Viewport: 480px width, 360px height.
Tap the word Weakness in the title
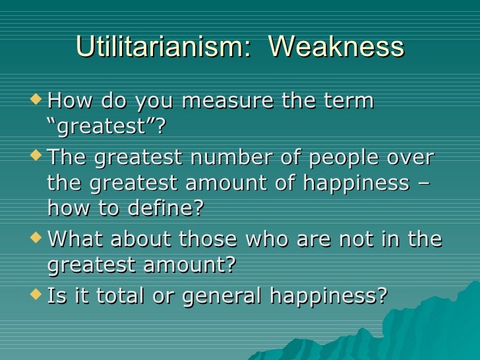(337, 47)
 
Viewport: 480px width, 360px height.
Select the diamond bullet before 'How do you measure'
(40, 100)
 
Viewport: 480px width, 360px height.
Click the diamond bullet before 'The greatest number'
(40, 157)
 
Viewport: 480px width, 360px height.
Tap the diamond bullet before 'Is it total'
(40, 295)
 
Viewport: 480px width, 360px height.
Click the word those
(209, 239)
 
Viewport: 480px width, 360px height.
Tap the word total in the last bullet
(122, 296)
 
